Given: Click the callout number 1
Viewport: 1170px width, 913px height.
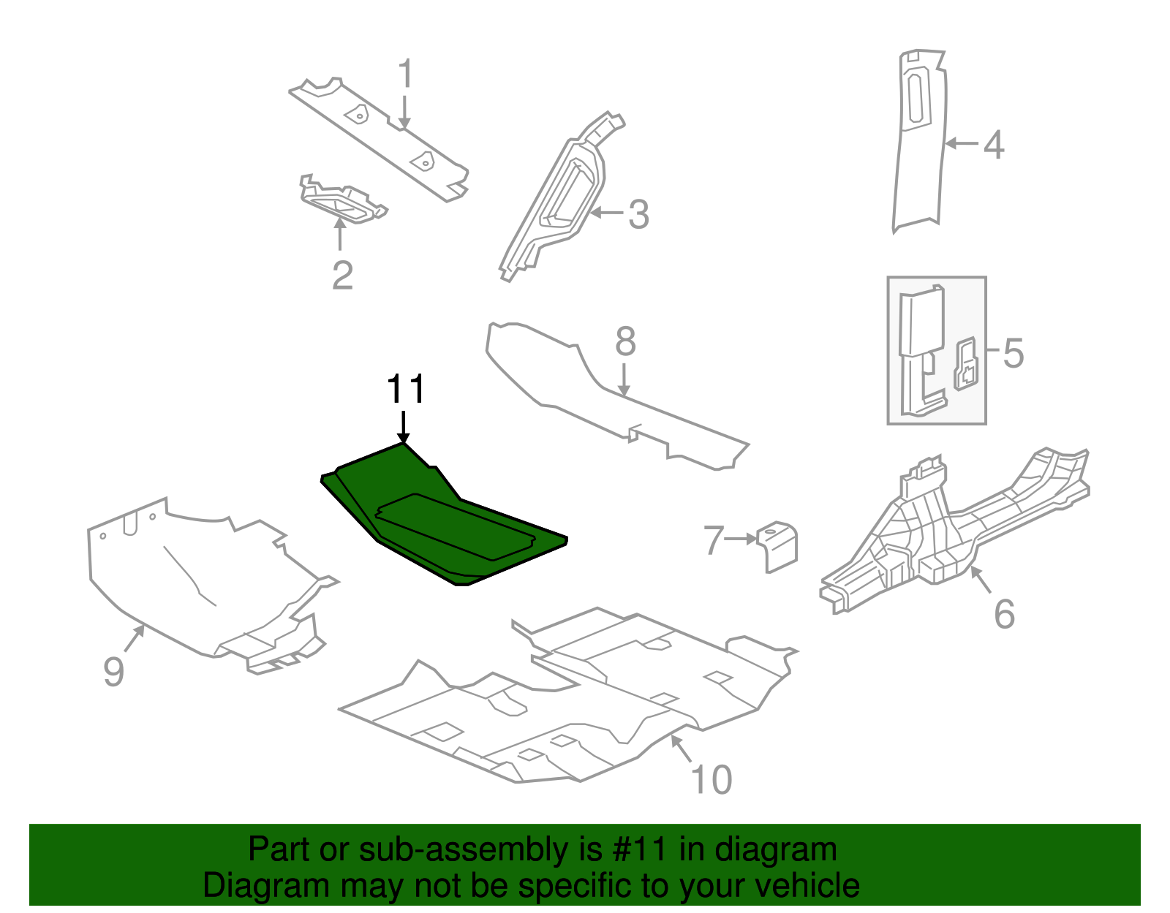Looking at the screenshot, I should [405, 75].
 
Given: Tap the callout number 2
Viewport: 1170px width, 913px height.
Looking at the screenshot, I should [342, 276].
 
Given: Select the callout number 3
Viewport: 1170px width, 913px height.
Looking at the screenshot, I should [638, 215].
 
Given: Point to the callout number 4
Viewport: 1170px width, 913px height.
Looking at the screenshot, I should [993, 145].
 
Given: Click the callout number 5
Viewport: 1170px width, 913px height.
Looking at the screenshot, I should [1013, 353].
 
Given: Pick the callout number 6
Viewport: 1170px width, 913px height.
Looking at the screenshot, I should [1004, 614].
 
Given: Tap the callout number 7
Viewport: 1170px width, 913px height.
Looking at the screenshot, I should [713, 540].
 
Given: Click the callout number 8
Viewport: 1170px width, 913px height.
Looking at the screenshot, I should [625, 341].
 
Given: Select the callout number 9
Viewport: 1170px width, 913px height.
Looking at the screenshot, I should [113, 671].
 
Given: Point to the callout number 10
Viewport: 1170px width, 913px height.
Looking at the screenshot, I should [711, 780].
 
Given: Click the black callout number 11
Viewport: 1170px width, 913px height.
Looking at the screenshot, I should [405, 390].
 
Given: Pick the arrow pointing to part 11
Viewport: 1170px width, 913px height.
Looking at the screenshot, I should [403, 427].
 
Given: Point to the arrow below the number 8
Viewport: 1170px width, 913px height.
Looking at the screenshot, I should [624, 380].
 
